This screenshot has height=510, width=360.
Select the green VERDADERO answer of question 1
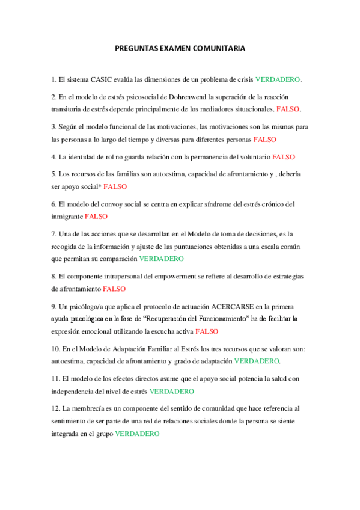click(277, 79)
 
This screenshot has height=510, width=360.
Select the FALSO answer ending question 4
click(284, 157)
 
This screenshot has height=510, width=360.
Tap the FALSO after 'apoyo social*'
click(115, 187)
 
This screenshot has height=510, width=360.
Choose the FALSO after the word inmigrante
click(96, 216)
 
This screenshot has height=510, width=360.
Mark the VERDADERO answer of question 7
click(161, 259)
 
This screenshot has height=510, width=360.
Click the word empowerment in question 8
click(169, 276)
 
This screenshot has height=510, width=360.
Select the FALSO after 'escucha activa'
click(207, 331)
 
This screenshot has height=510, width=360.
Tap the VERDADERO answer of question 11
click(171, 391)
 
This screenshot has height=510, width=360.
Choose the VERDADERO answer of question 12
click(137, 434)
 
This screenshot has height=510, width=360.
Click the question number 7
click(53, 234)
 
